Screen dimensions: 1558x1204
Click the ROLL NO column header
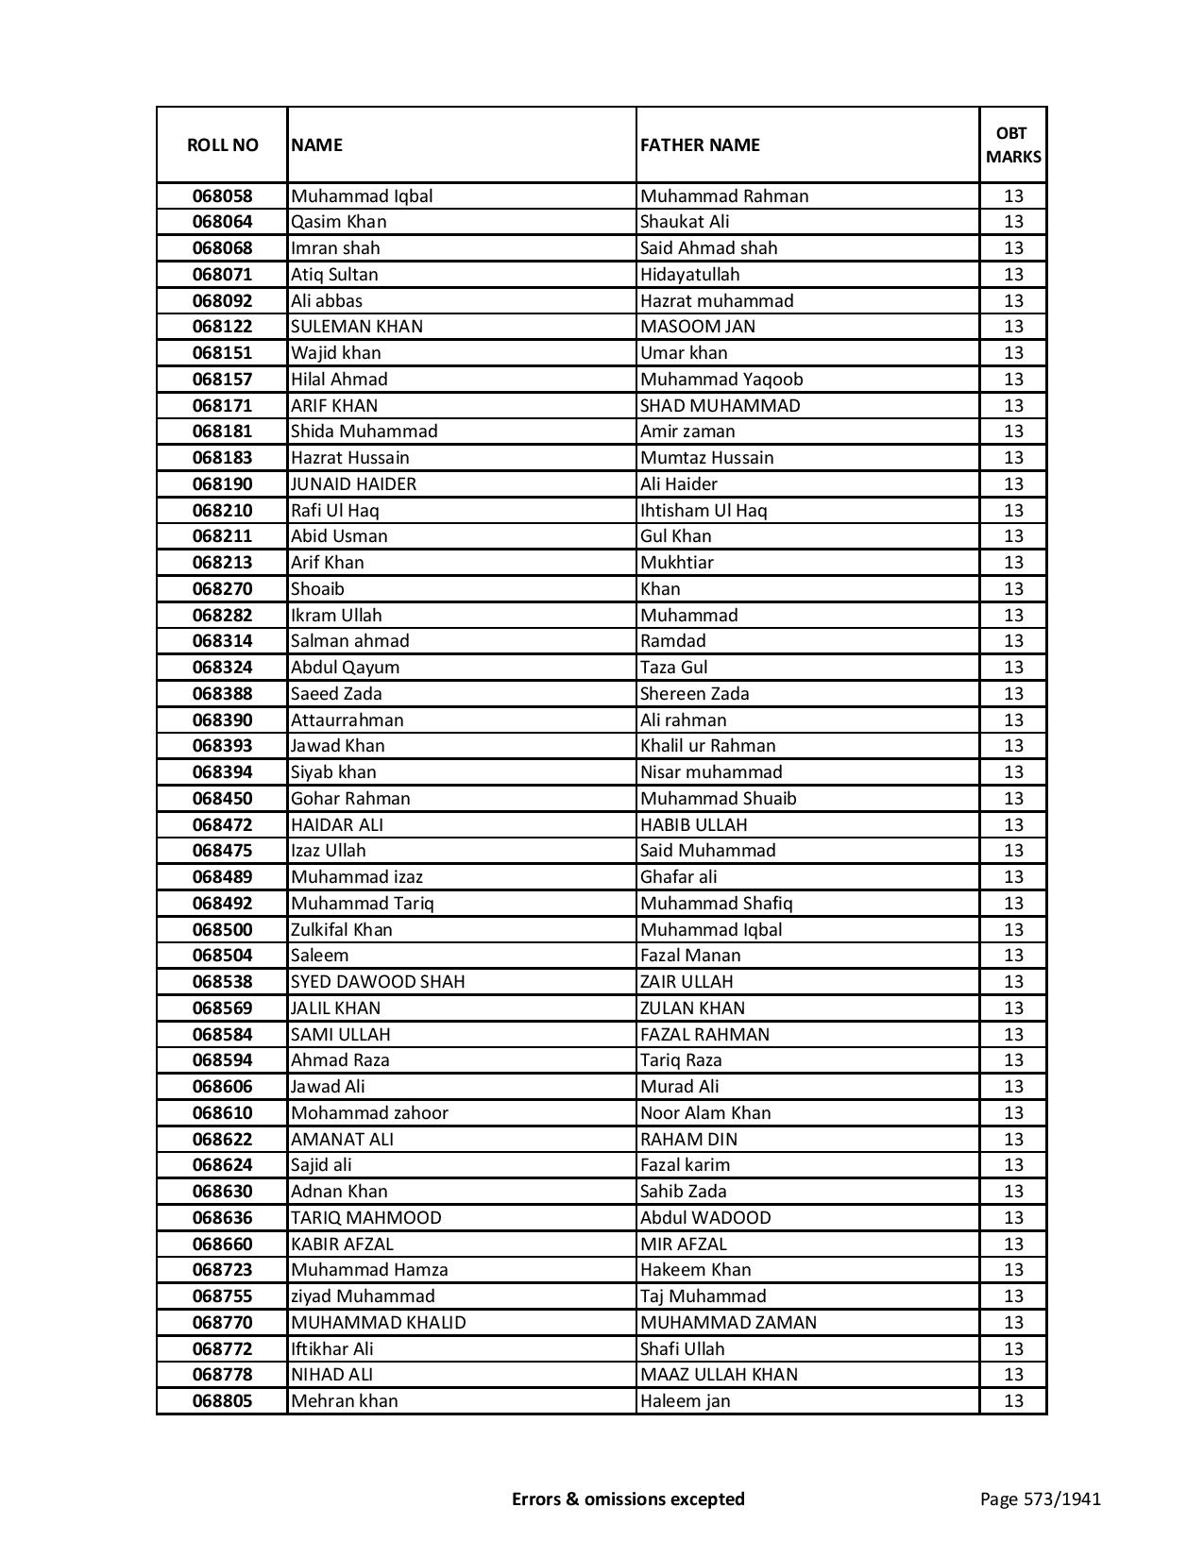[222, 144]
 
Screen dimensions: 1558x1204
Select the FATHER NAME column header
[700, 144]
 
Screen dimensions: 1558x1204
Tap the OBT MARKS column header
[1013, 144]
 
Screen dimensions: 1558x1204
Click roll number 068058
[222, 196]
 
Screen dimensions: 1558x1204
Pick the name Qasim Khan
[338, 222]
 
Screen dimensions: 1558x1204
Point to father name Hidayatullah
[689, 275]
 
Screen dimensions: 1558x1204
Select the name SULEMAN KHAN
[356, 327]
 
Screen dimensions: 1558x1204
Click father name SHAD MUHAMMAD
[720, 406]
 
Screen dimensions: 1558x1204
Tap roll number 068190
[222, 484]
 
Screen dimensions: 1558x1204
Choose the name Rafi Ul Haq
[334, 511]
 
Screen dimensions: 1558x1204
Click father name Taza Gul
[673, 668]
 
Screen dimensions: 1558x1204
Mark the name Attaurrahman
[347, 720]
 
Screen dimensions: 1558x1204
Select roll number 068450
[222, 799]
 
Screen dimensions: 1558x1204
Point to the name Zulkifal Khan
[341, 930]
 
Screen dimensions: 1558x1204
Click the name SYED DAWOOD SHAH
[377, 982]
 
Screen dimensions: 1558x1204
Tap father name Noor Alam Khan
[704, 1113]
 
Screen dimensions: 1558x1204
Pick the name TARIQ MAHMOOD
[365, 1218]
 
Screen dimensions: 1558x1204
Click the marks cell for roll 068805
[1013, 1401]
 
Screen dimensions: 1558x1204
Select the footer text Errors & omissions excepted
[628, 1499]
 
